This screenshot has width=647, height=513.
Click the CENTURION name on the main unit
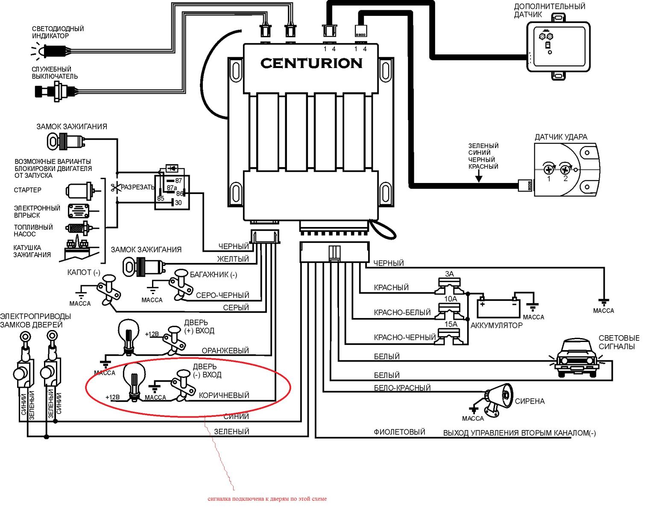311,63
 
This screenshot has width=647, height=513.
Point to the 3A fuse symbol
449,285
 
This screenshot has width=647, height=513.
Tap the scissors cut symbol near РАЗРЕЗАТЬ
114,187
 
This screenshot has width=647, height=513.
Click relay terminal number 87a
172,188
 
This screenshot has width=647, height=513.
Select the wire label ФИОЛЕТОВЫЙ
399,432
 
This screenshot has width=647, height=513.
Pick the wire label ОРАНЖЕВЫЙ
225,351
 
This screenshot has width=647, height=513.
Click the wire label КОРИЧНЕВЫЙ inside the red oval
224,395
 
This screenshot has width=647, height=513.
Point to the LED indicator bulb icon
44,51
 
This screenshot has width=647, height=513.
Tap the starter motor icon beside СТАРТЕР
79,191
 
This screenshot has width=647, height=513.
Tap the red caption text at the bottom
267,498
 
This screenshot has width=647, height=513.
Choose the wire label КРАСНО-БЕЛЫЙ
402,313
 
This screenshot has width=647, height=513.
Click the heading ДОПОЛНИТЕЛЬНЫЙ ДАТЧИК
549,10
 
